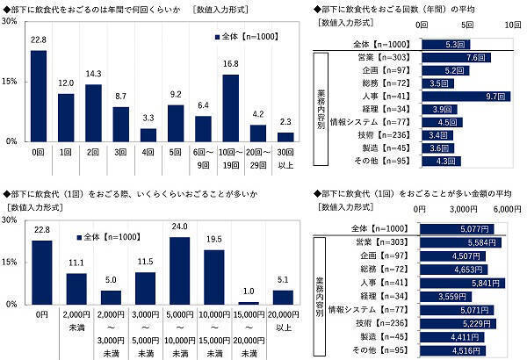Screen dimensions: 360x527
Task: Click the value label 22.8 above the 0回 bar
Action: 38,39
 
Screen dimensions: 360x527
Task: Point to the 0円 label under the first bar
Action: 38,313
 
